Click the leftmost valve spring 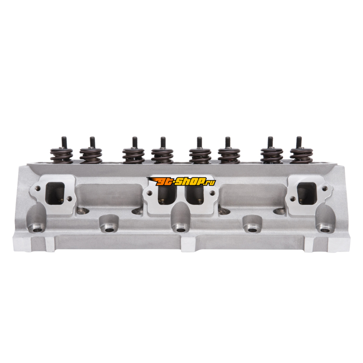(x=62, y=156)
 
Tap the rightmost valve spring (x=301, y=156)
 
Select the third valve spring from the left (x=133, y=156)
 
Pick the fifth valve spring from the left (x=200, y=156)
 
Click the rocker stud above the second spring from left (x=93, y=142)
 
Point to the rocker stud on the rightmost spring (x=299, y=142)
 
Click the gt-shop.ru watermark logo (x=181, y=181)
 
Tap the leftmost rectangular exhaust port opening (x=55, y=193)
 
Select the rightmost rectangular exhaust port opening (x=307, y=193)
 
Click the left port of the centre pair (x=167, y=195)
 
